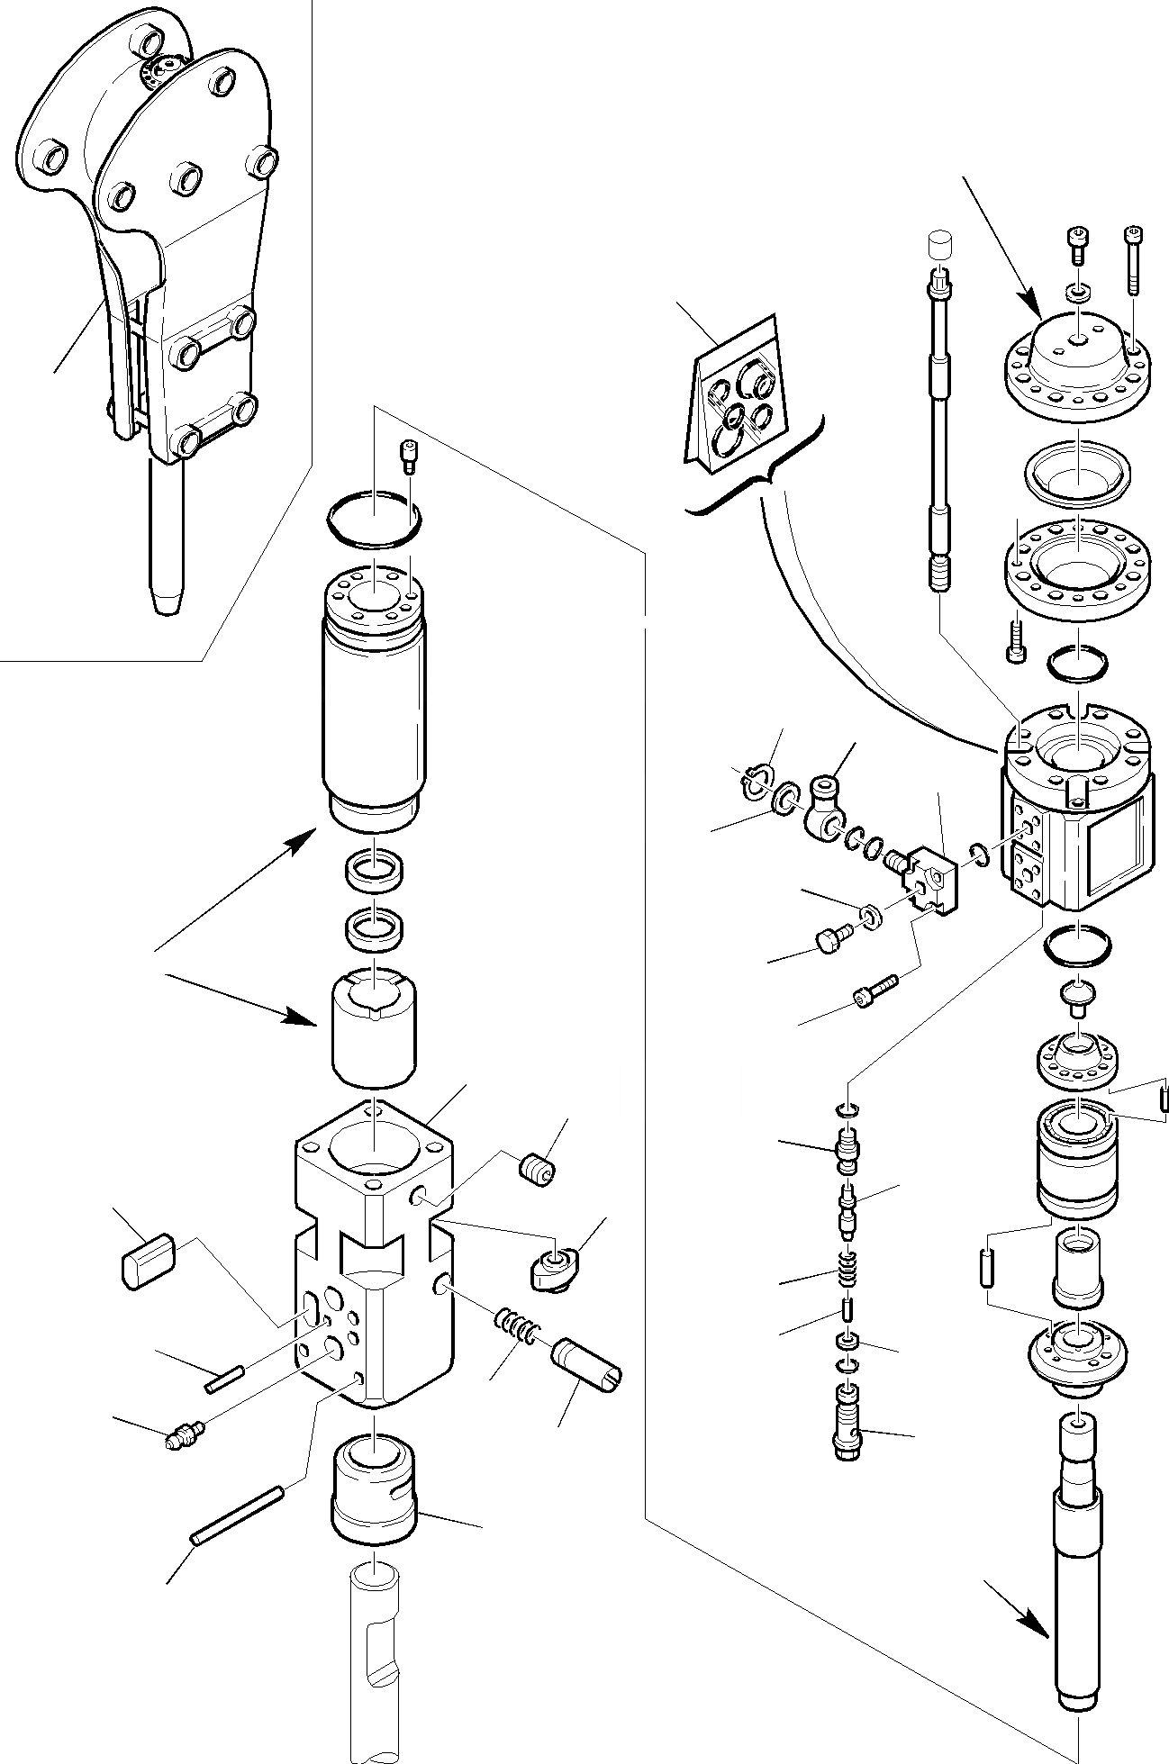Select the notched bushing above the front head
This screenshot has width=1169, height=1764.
(374, 1027)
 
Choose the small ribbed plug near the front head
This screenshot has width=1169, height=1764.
(538, 1171)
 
